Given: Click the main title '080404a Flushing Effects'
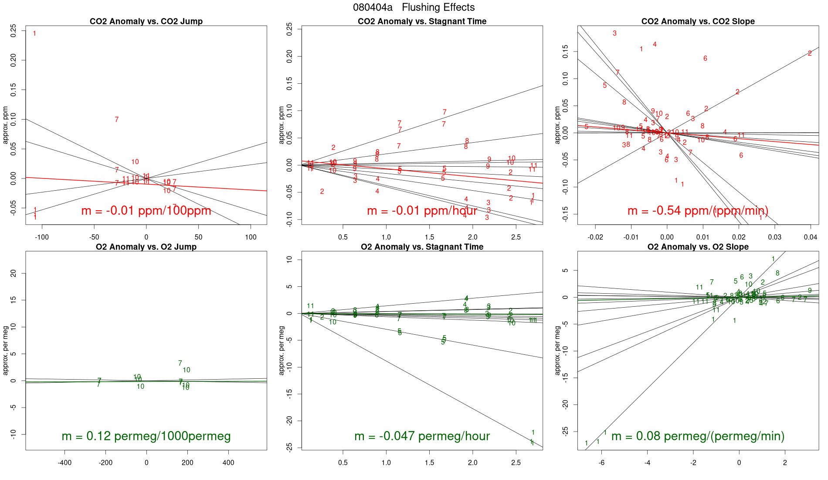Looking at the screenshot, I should (414, 7).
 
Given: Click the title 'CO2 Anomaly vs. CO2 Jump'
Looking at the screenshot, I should (146, 21).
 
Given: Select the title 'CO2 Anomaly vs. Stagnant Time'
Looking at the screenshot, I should (422, 21).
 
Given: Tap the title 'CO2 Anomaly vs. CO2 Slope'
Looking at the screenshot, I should (698, 21).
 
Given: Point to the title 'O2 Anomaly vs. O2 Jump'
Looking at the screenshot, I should (146, 247).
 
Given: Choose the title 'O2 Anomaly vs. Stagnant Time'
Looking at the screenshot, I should (422, 247).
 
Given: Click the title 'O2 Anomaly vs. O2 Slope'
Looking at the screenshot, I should (698, 247).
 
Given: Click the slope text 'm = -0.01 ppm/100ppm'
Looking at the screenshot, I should (146, 211).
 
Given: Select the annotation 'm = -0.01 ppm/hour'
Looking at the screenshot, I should (422, 211).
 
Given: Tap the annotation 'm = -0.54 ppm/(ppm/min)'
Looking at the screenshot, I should (698, 211).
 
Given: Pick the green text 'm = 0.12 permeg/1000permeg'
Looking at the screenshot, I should (146, 436).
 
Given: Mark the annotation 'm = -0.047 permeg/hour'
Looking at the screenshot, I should (422, 436).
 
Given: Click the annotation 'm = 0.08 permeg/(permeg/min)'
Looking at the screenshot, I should (698, 436).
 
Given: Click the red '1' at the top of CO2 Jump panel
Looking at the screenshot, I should (34, 34).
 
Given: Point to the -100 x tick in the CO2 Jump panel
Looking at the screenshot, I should (42, 237).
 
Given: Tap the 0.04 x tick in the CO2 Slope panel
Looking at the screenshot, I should (810, 237).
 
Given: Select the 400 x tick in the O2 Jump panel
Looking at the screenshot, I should (228, 463).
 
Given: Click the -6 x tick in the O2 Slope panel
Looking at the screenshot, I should (602, 463).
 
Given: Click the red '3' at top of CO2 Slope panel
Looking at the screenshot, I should (614, 33).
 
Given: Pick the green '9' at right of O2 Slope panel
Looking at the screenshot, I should (810, 291).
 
